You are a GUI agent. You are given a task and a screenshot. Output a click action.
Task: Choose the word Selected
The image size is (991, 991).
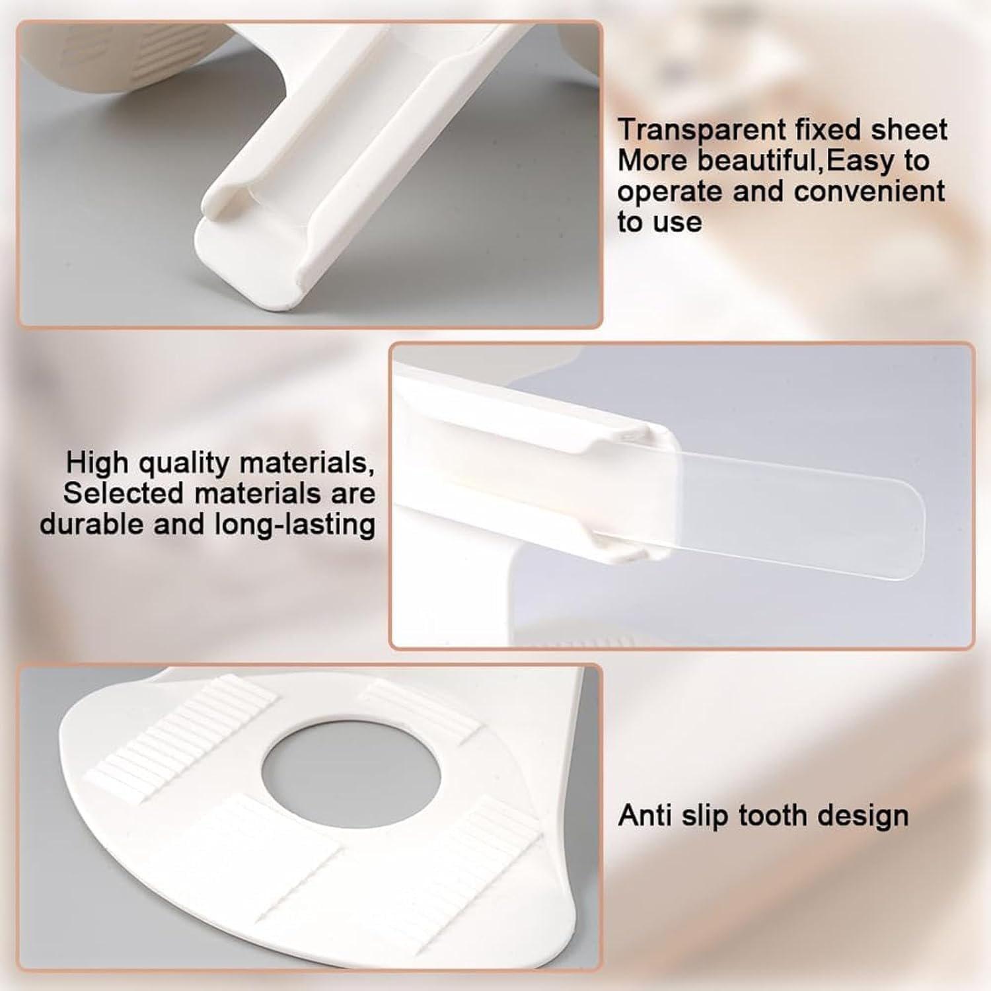pyautogui.click(x=124, y=494)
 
